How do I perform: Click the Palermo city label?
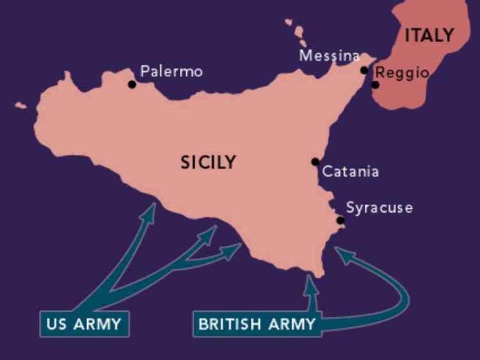click(171, 70)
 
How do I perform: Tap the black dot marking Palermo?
click(132, 84)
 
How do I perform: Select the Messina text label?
click(329, 56)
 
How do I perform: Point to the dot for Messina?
click(364, 70)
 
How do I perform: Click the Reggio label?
click(402, 72)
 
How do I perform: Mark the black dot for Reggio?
click(375, 85)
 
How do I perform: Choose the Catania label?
click(350, 172)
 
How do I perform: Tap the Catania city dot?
click(315, 161)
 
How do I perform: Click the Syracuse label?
click(379, 208)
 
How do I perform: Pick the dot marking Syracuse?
click(340, 220)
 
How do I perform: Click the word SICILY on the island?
click(207, 163)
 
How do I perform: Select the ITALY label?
click(428, 35)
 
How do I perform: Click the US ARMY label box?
click(84, 323)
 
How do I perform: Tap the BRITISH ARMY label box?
click(257, 323)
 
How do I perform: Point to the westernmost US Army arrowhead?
click(149, 211)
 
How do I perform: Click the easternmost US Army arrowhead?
click(233, 249)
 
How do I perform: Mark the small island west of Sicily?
click(21, 104)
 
